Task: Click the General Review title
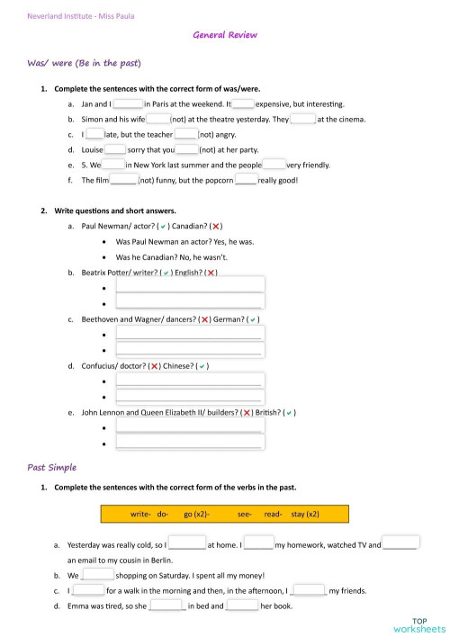click(225, 35)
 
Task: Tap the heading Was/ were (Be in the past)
click(85, 64)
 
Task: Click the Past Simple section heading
click(52, 468)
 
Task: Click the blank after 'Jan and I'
click(128, 104)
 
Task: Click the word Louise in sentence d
click(93, 150)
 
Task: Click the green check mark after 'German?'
click(254, 319)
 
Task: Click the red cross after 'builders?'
click(247, 412)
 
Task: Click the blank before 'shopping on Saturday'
click(97, 574)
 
